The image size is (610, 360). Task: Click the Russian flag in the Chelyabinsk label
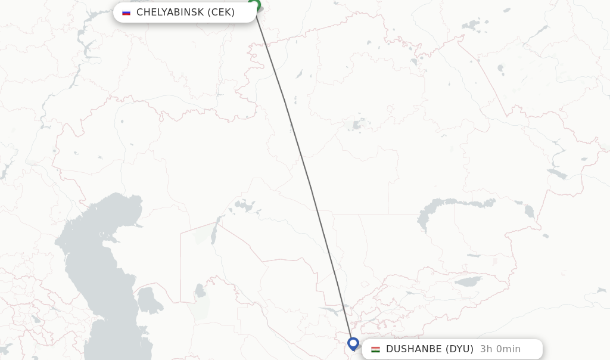click(x=126, y=13)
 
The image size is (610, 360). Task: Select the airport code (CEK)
click(x=221, y=13)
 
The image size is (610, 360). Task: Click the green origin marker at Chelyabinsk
click(x=254, y=5)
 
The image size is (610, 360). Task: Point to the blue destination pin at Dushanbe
click(x=353, y=343)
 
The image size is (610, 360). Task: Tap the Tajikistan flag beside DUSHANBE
click(x=375, y=349)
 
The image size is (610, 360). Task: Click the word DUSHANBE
click(x=414, y=349)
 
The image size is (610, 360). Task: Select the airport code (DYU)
click(x=460, y=349)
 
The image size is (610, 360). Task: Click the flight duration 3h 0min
click(x=500, y=349)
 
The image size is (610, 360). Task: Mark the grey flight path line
click(x=304, y=173)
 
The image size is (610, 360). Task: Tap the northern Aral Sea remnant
click(x=244, y=206)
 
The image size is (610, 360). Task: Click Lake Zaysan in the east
click(x=557, y=174)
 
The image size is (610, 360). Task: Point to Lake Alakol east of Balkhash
click(x=529, y=210)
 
